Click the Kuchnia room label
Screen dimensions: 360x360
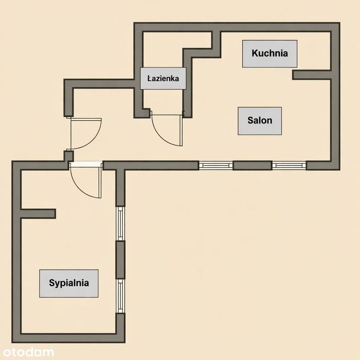[x=270, y=53]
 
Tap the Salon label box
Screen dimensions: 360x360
[x=260, y=121]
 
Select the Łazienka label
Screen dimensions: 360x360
[x=163, y=78]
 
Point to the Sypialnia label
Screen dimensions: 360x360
[x=69, y=283]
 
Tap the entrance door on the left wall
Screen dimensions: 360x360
[x=85, y=134]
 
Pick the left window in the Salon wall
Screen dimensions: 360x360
[x=215, y=165]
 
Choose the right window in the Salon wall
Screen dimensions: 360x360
[x=289, y=165]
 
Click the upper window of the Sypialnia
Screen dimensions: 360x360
[x=120, y=223]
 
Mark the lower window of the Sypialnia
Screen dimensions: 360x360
[x=120, y=296]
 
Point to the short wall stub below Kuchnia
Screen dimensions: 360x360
[x=312, y=75]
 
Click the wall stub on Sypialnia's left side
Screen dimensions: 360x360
[x=38, y=214]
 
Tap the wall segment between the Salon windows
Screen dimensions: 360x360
[x=253, y=165]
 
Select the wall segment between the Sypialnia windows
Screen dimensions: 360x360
[x=120, y=260]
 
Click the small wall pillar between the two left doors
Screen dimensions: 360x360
[x=68, y=156]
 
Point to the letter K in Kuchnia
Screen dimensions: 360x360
[x=255, y=53]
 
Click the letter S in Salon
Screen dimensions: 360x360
[x=250, y=120]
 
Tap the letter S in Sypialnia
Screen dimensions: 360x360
[x=52, y=282]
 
